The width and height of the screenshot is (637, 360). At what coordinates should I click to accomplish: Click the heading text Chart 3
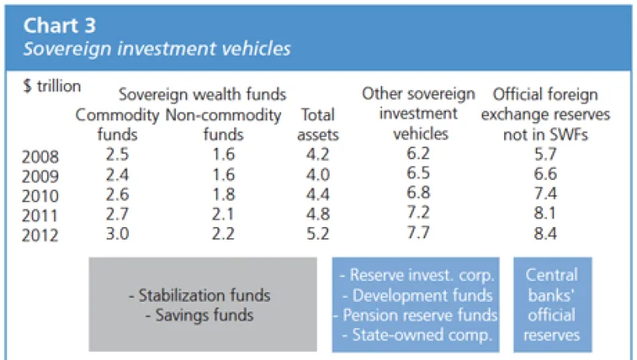tap(59, 25)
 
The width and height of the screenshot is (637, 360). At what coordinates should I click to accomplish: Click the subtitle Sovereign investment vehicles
tap(157, 49)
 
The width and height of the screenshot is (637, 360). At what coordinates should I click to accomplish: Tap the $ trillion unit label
tap(52, 85)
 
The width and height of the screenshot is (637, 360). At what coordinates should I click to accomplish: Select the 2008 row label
tap(41, 157)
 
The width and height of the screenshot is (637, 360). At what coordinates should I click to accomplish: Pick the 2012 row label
tap(41, 237)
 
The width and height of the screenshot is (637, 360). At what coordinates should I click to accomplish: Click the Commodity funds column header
tap(118, 125)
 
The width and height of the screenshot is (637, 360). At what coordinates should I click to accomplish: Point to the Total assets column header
tap(318, 125)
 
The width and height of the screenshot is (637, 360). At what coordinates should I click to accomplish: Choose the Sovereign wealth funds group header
tap(202, 96)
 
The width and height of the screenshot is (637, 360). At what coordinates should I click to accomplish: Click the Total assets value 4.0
tap(318, 176)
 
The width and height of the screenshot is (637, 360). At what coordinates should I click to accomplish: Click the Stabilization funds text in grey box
tap(199, 295)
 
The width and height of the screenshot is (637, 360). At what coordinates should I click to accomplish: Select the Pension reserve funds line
tap(415, 316)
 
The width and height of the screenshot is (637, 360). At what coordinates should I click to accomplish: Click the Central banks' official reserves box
tap(553, 305)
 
